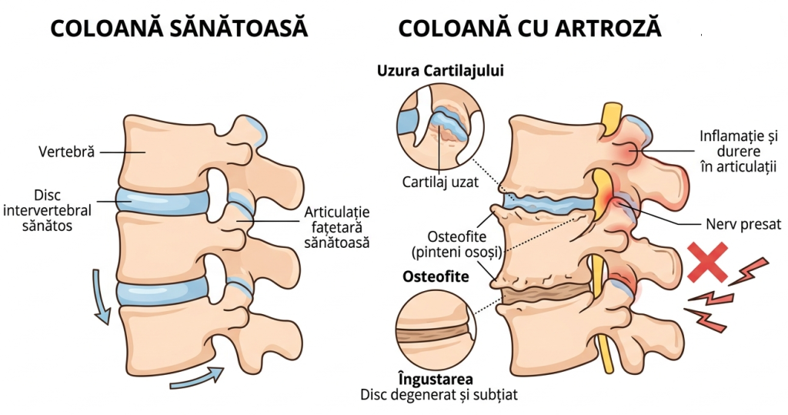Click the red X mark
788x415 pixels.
tap(708, 262)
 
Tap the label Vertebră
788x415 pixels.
tap(66, 152)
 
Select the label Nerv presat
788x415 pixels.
tap(743, 224)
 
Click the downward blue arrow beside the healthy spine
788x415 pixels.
tap(102, 296)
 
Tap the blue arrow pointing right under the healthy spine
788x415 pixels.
tap(197, 379)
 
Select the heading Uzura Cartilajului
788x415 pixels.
tap(440, 71)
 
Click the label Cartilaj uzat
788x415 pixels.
tap(440, 182)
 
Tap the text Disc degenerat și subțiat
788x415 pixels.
tap(439, 394)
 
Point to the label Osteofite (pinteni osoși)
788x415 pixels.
tap(457, 244)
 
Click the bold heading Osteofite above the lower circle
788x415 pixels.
tap(436, 276)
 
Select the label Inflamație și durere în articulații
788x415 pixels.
tap(738, 151)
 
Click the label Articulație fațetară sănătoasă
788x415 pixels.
tap(337, 227)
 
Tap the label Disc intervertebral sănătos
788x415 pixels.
tap(47, 210)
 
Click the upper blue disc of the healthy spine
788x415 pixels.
tap(162, 201)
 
